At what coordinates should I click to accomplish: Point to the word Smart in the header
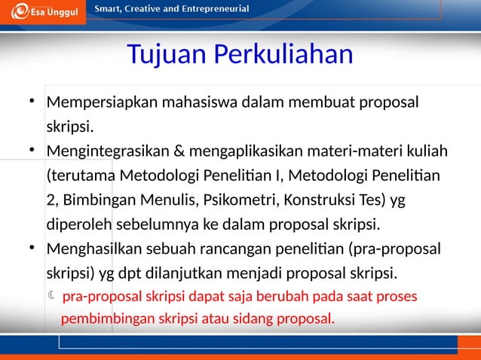click(107, 8)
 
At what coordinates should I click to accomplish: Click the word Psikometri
click(273, 200)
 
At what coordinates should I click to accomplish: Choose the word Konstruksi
click(347, 200)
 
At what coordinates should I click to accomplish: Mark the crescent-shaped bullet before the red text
click(51, 295)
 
